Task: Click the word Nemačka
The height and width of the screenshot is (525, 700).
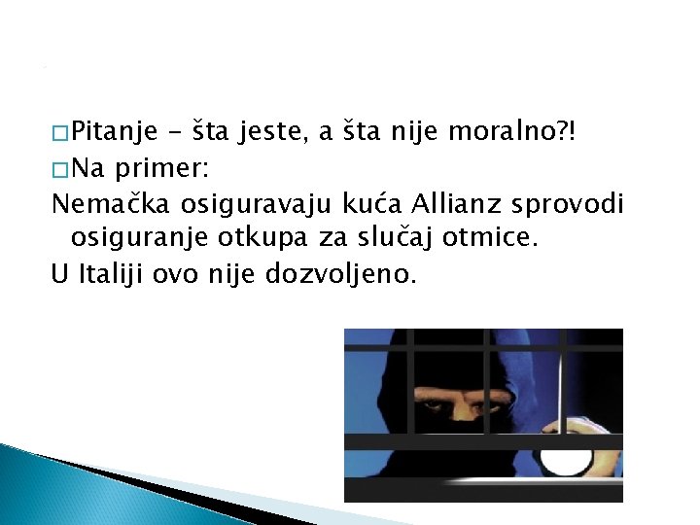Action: click(x=96, y=204)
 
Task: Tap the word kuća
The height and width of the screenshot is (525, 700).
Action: click(x=375, y=204)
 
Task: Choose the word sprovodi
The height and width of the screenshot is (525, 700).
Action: click(x=575, y=204)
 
